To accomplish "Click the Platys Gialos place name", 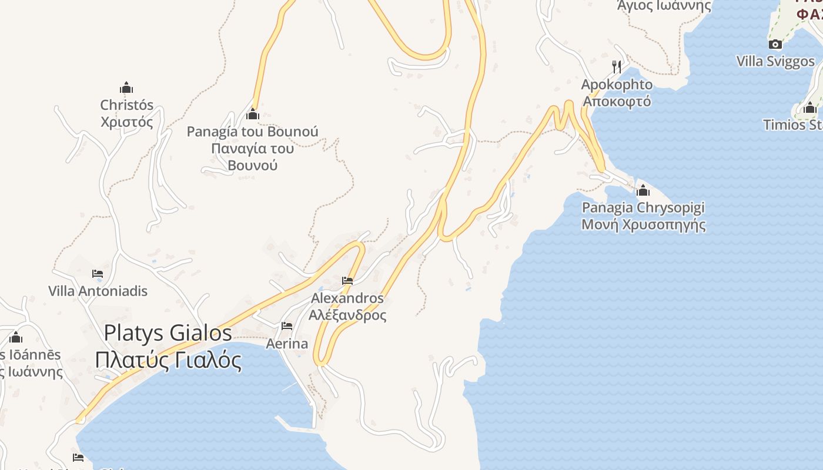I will (168, 333).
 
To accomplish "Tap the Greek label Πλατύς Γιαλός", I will (168, 360).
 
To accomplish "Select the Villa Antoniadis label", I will (98, 291).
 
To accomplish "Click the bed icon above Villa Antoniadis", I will (98, 274).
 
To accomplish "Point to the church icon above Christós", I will (126, 88).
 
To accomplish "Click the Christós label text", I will (126, 105).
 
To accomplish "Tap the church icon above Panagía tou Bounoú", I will (253, 114).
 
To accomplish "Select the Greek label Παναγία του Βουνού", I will (253, 156).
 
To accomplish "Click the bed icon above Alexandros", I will (347, 281).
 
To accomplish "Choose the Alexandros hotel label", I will (347, 298).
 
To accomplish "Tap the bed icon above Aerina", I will (287, 326).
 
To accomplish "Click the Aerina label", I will (287, 343).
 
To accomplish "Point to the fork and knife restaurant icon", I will (617, 66).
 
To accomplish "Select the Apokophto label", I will (617, 85).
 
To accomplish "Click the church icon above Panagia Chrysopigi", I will (643, 190).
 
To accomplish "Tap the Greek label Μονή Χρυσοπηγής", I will (643, 224).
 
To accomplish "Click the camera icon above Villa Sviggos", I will (775, 44).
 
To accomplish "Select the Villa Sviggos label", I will (775, 61).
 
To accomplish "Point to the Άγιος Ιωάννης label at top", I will (664, 6).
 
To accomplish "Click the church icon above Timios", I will (809, 108).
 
